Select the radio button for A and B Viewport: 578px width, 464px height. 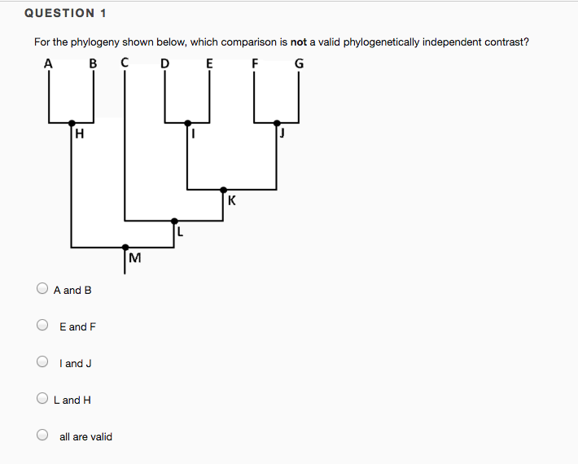pos(42,288)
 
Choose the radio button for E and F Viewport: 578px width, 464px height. pos(42,326)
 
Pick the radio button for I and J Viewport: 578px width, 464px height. pos(42,362)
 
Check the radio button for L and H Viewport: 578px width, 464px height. pos(42,399)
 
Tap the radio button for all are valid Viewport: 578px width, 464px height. pos(42,436)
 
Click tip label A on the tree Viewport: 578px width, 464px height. pos(48,63)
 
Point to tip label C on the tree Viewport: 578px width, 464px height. pos(124,62)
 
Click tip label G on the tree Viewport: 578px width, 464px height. pos(300,63)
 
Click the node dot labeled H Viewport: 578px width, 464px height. pos(72,123)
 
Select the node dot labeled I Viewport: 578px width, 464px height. pos(188,123)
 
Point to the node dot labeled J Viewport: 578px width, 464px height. pos(278,123)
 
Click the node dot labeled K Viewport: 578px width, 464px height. pos(223,190)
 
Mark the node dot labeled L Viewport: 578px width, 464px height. pos(173,220)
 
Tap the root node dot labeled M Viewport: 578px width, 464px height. pos(125,247)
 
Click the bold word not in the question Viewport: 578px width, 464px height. pos(299,42)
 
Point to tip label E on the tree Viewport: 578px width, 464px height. pos(209,63)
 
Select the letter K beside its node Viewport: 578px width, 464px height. pos(232,200)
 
